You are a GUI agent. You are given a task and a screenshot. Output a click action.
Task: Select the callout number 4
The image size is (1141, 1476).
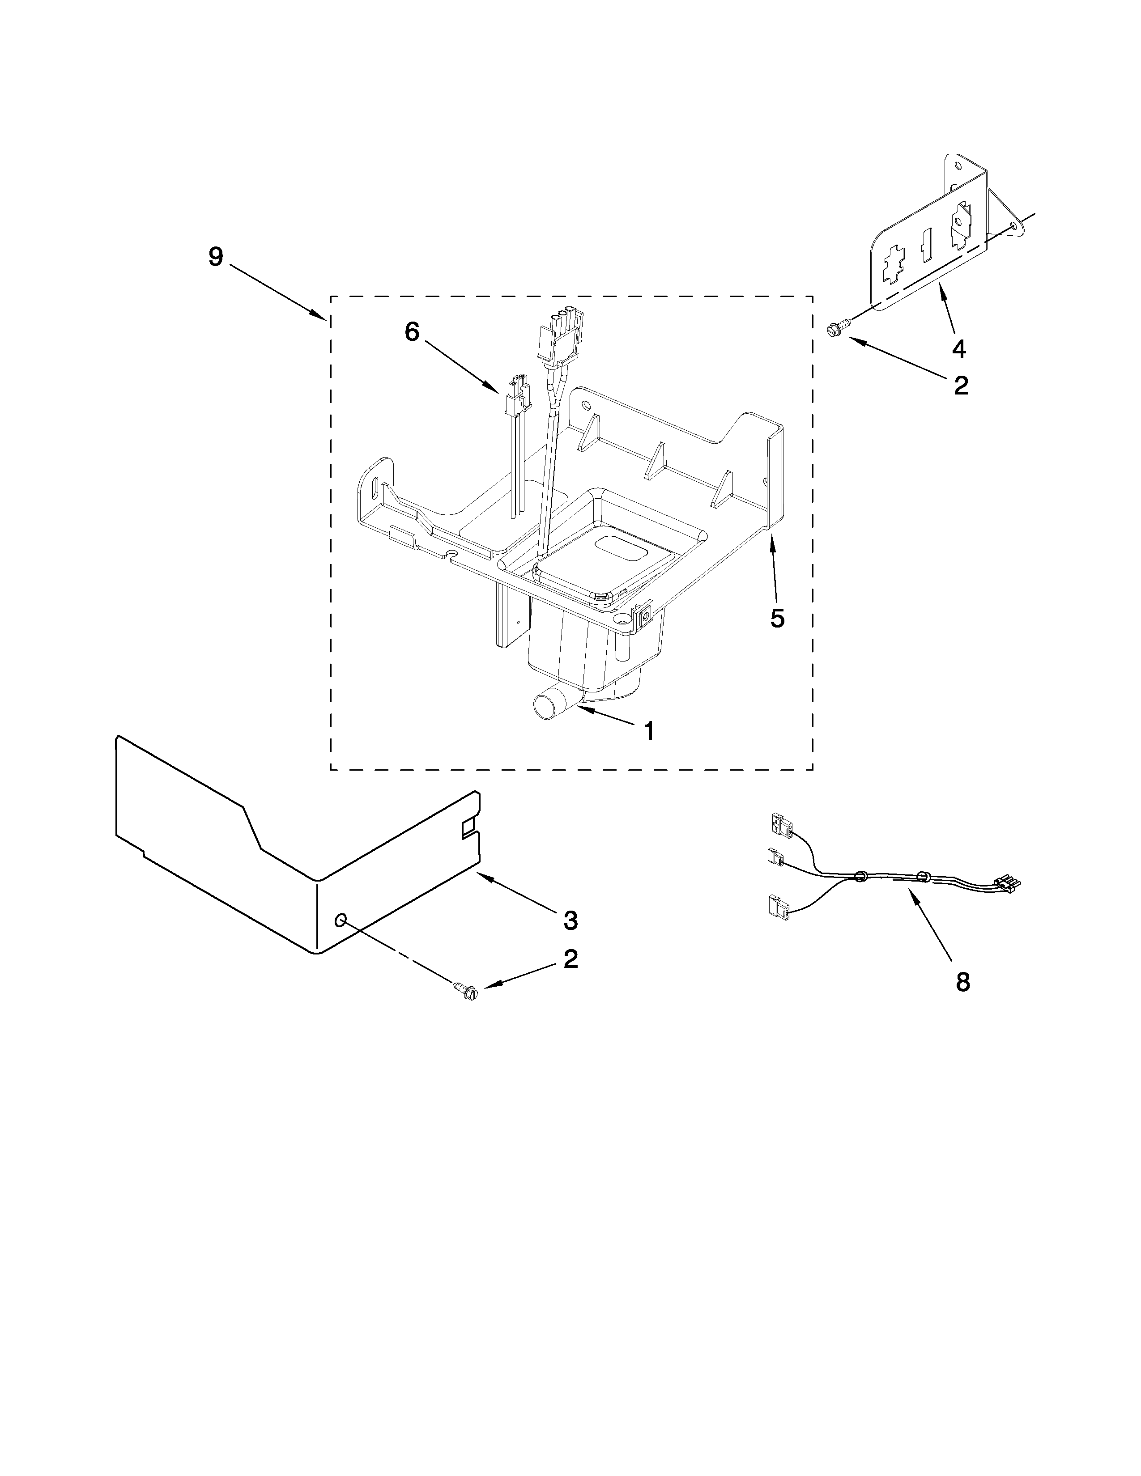[x=958, y=349]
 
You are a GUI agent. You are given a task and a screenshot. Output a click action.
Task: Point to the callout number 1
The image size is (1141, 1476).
[x=648, y=731]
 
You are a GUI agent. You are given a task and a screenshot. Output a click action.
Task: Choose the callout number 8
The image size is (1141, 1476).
[x=962, y=982]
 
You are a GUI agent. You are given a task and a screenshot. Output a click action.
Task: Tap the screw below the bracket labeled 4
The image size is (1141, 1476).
[x=833, y=329]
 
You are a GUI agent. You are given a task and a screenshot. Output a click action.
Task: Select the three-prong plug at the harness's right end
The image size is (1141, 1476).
[x=1006, y=882]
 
